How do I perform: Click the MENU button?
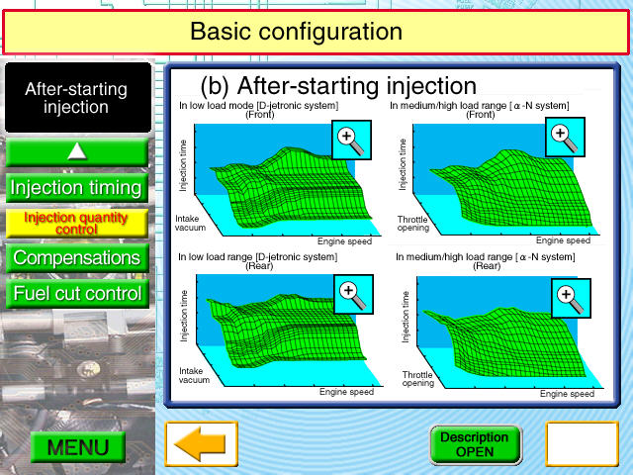coord(78,446)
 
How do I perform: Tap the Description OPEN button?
coord(475,444)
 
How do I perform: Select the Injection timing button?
coord(77,188)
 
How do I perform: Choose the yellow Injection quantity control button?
coord(77,223)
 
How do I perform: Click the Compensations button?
coord(77,257)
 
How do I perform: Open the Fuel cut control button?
coord(77,293)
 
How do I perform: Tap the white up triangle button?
coord(77,152)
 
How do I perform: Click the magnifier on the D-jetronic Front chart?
coord(351,140)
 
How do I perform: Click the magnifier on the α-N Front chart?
coord(565,138)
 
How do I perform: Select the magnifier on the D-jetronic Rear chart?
coord(353,295)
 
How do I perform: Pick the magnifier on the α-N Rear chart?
coord(571,298)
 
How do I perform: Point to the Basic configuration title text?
coord(297,32)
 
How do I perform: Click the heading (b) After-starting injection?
coord(338,86)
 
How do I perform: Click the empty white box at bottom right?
coord(583,443)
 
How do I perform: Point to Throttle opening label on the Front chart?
coord(412,224)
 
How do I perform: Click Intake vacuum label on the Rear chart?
coord(194,375)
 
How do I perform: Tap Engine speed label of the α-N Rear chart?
coord(567,394)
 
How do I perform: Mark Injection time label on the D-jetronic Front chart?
coord(183,165)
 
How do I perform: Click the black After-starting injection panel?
coord(78,97)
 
